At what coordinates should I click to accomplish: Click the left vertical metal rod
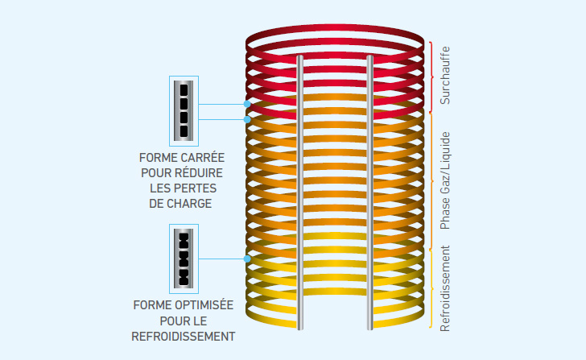pyautogui.click(x=300, y=193)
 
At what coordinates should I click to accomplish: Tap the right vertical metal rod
pyautogui.click(x=369, y=193)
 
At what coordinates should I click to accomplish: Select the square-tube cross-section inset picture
pyautogui.click(x=184, y=110)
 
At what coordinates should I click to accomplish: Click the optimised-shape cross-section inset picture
pyautogui.click(x=184, y=259)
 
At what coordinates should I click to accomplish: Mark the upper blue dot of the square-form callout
pyautogui.click(x=247, y=105)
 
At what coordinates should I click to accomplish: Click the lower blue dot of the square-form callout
pyautogui.click(x=247, y=119)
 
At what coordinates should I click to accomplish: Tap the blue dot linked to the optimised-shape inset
pyautogui.click(x=247, y=259)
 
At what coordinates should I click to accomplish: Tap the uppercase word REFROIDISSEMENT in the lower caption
pyautogui.click(x=183, y=336)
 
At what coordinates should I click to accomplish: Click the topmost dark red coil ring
pyautogui.click(x=334, y=37)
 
